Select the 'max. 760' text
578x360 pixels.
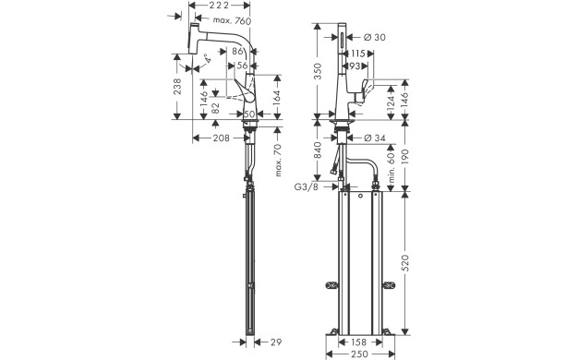click(x=230, y=20)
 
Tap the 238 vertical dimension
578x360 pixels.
click(x=177, y=87)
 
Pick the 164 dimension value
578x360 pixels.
click(x=279, y=96)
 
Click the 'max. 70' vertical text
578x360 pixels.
click(x=278, y=159)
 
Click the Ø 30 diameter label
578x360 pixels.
click(x=375, y=36)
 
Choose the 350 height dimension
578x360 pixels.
click(x=319, y=71)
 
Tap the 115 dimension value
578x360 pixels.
click(x=357, y=53)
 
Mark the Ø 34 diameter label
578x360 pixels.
click(x=375, y=138)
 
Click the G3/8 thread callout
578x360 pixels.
click(x=307, y=187)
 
